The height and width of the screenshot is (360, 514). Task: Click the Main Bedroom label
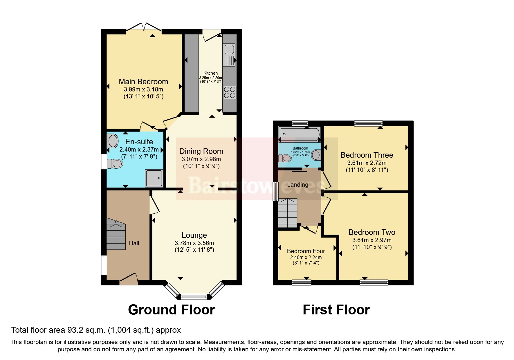coord(143,82)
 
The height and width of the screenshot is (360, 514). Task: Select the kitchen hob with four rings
coord(230,92)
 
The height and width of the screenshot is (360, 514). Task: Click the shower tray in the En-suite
coord(154,178)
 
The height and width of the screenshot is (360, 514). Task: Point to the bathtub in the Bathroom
coord(300,134)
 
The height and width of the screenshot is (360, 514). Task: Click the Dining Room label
coord(201,151)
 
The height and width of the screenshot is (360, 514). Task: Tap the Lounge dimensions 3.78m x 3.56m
coord(194,243)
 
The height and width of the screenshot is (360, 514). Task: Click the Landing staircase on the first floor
coord(288,213)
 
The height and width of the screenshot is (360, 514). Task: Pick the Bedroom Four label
coord(306,251)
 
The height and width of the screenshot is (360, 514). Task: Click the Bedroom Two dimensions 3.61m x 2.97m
coord(372,240)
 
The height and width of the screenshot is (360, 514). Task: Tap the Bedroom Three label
coord(367,155)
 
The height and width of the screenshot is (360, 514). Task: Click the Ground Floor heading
coord(171,310)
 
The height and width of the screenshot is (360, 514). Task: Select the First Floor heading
coord(336,310)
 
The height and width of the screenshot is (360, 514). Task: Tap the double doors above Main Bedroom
coord(144,27)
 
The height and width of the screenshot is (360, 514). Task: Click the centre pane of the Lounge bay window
coord(194,297)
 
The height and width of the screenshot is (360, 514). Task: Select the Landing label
coord(297,185)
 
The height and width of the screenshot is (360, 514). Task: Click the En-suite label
coord(139,142)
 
